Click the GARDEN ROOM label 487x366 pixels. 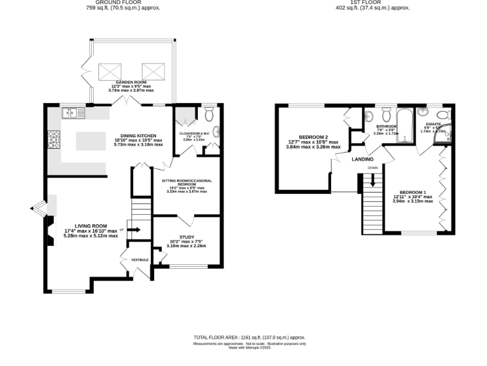(132, 83)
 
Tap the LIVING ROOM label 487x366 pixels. (91, 226)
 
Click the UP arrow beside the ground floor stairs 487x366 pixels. (134, 229)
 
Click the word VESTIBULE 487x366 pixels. (140, 260)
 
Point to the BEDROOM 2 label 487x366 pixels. (313, 137)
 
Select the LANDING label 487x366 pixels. (363, 159)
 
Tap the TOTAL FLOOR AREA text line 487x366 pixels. (249, 337)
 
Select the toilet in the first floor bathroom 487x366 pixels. (370, 118)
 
